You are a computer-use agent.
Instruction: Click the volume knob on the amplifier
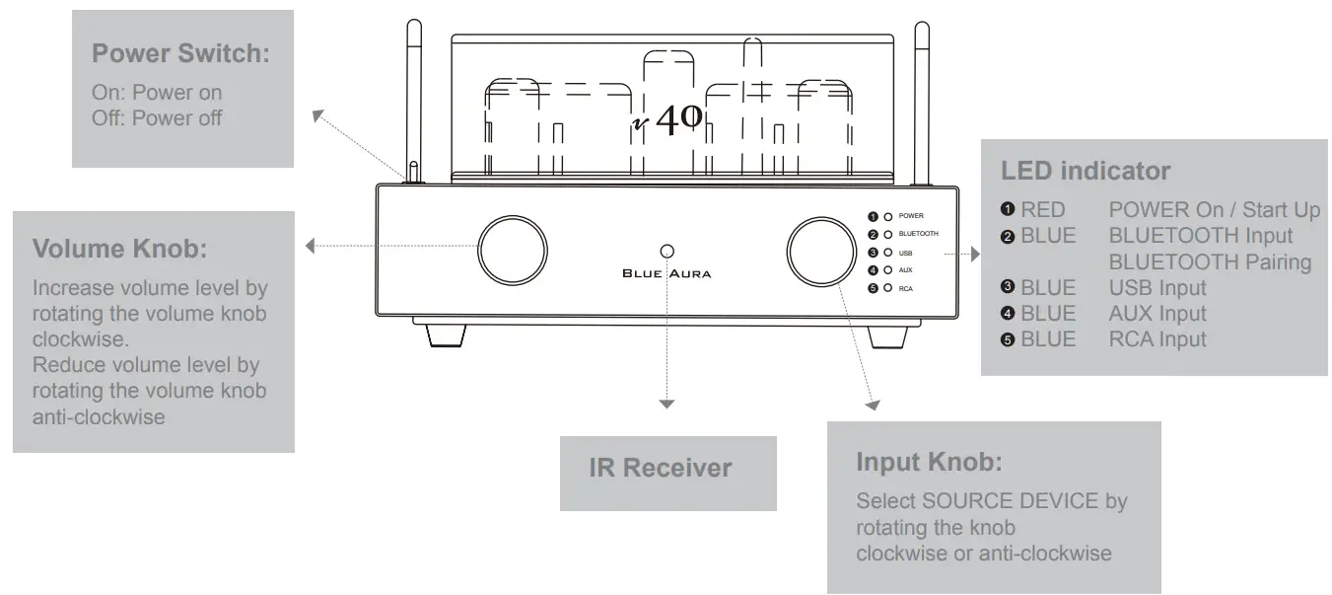(x=513, y=247)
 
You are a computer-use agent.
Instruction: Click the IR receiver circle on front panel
(x=667, y=251)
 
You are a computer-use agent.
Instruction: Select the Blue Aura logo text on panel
(x=666, y=273)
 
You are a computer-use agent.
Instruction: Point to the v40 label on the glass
(x=668, y=119)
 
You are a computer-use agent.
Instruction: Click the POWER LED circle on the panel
(x=888, y=216)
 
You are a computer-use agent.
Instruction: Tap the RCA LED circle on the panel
(x=888, y=288)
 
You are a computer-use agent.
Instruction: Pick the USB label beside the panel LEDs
(x=905, y=253)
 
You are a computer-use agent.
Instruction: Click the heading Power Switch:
(x=180, y=53)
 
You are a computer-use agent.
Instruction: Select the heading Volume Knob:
(x=120, y=249)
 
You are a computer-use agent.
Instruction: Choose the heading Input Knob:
(x=929, y=461)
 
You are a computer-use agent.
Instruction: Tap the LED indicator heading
(x=1086, y=171)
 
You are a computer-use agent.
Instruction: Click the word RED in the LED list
(x=1043, y=210)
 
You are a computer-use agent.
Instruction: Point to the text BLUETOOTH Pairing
(x=1209, y=262)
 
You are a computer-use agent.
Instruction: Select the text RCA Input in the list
(x=1157, y=339)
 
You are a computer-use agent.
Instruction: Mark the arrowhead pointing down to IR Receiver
(x=667, y=403)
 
